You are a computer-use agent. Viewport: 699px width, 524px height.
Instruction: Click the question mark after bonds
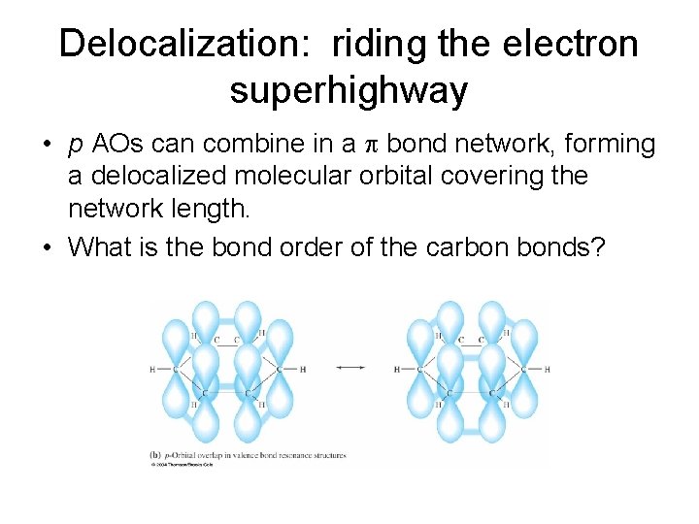pos(597,247)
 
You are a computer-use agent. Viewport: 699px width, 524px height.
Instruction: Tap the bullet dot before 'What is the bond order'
pos(47,248)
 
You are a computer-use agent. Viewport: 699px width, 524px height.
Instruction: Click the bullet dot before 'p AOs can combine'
pos(47,146)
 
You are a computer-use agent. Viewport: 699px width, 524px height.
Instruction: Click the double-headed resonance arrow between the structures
pos(349,368)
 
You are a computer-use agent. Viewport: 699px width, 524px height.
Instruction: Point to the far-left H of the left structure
pos(153,369)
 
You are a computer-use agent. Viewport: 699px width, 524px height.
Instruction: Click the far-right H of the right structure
pos(548,369)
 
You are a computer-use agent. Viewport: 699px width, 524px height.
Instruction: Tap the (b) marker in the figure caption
pos(155,454)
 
